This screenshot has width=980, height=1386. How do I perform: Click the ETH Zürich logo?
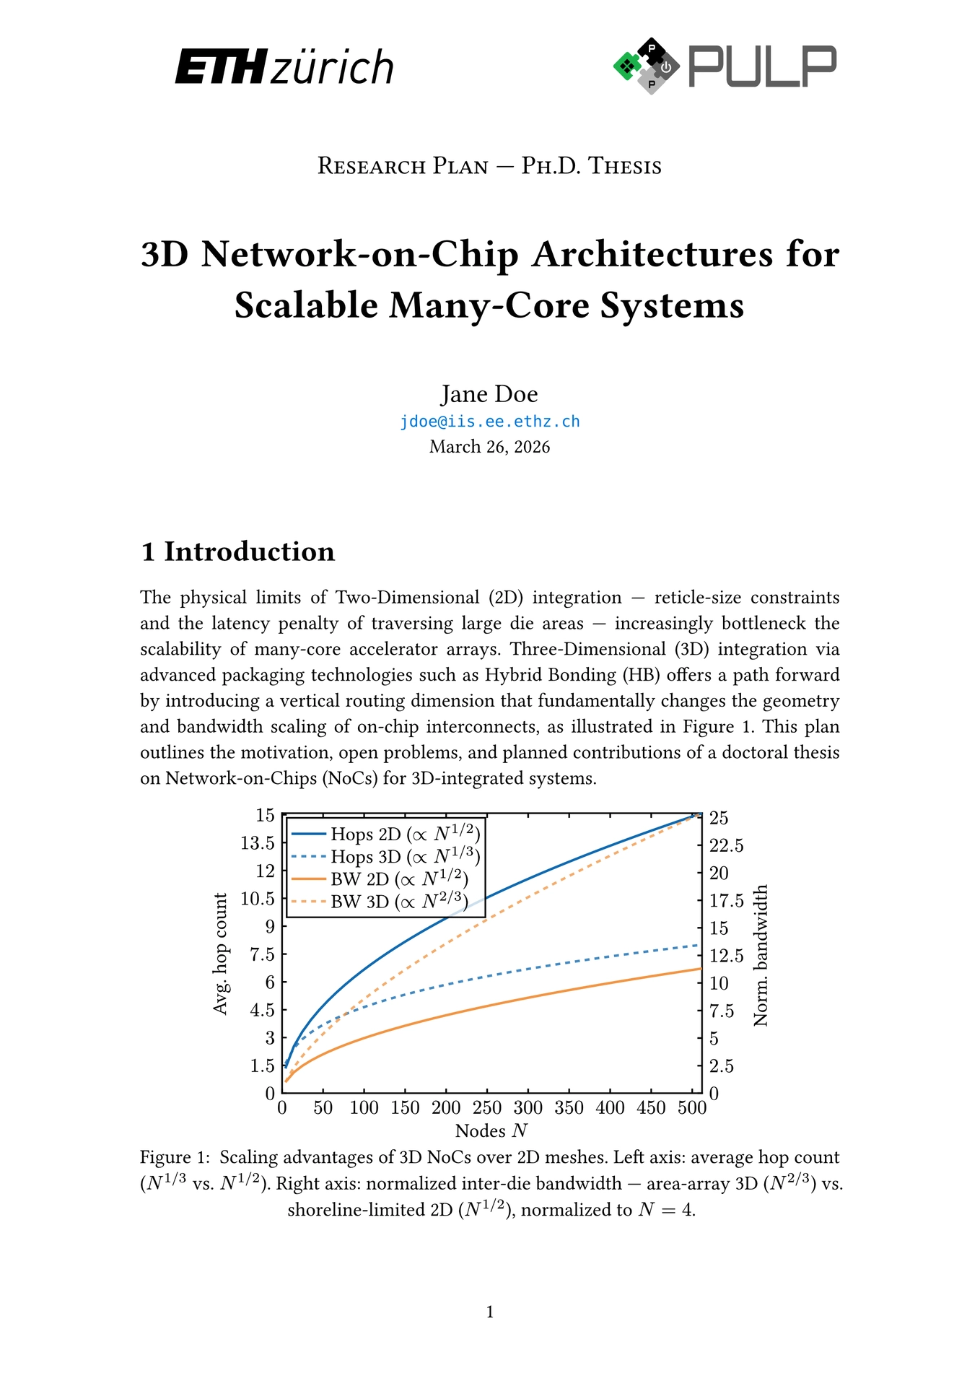(x=284, y=67)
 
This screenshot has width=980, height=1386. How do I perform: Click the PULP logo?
(x=724, y=66)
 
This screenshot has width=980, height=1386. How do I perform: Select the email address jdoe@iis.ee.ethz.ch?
(x=490, y=422)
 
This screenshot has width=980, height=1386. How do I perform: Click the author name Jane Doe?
(x=489, y=394)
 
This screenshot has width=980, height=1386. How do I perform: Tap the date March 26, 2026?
(x=489, y=447)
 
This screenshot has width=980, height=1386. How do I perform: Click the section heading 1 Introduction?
(x=238, y=552)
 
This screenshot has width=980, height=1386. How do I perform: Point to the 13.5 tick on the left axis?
(x=258, y=843)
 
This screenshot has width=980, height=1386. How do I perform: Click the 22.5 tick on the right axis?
(x=726, y=845)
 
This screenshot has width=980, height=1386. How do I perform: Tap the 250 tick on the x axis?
(x=487, y=1108)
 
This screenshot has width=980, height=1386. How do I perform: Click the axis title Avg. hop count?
(x=221, y=954)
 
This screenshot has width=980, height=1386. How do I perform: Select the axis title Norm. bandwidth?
(x=761, y=956)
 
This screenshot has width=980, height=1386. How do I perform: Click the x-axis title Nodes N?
(x=491, y=1130)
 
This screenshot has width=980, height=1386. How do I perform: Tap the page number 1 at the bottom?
(x=490, y=1312)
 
